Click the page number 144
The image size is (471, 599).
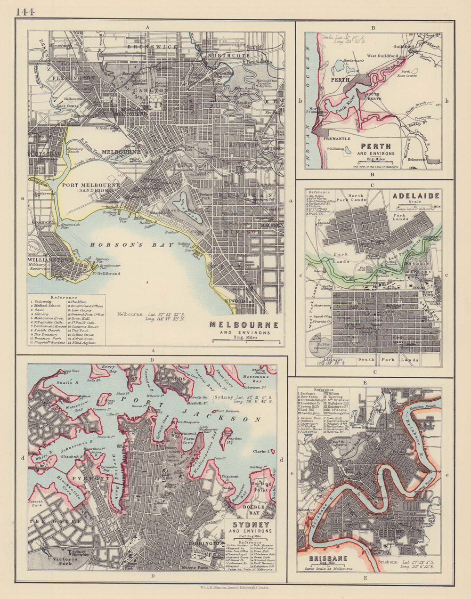24,11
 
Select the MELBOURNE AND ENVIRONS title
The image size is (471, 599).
244,325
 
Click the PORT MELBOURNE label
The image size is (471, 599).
91,185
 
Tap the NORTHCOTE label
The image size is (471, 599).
224,55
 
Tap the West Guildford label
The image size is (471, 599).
382,56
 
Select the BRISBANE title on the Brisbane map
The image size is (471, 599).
328,559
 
